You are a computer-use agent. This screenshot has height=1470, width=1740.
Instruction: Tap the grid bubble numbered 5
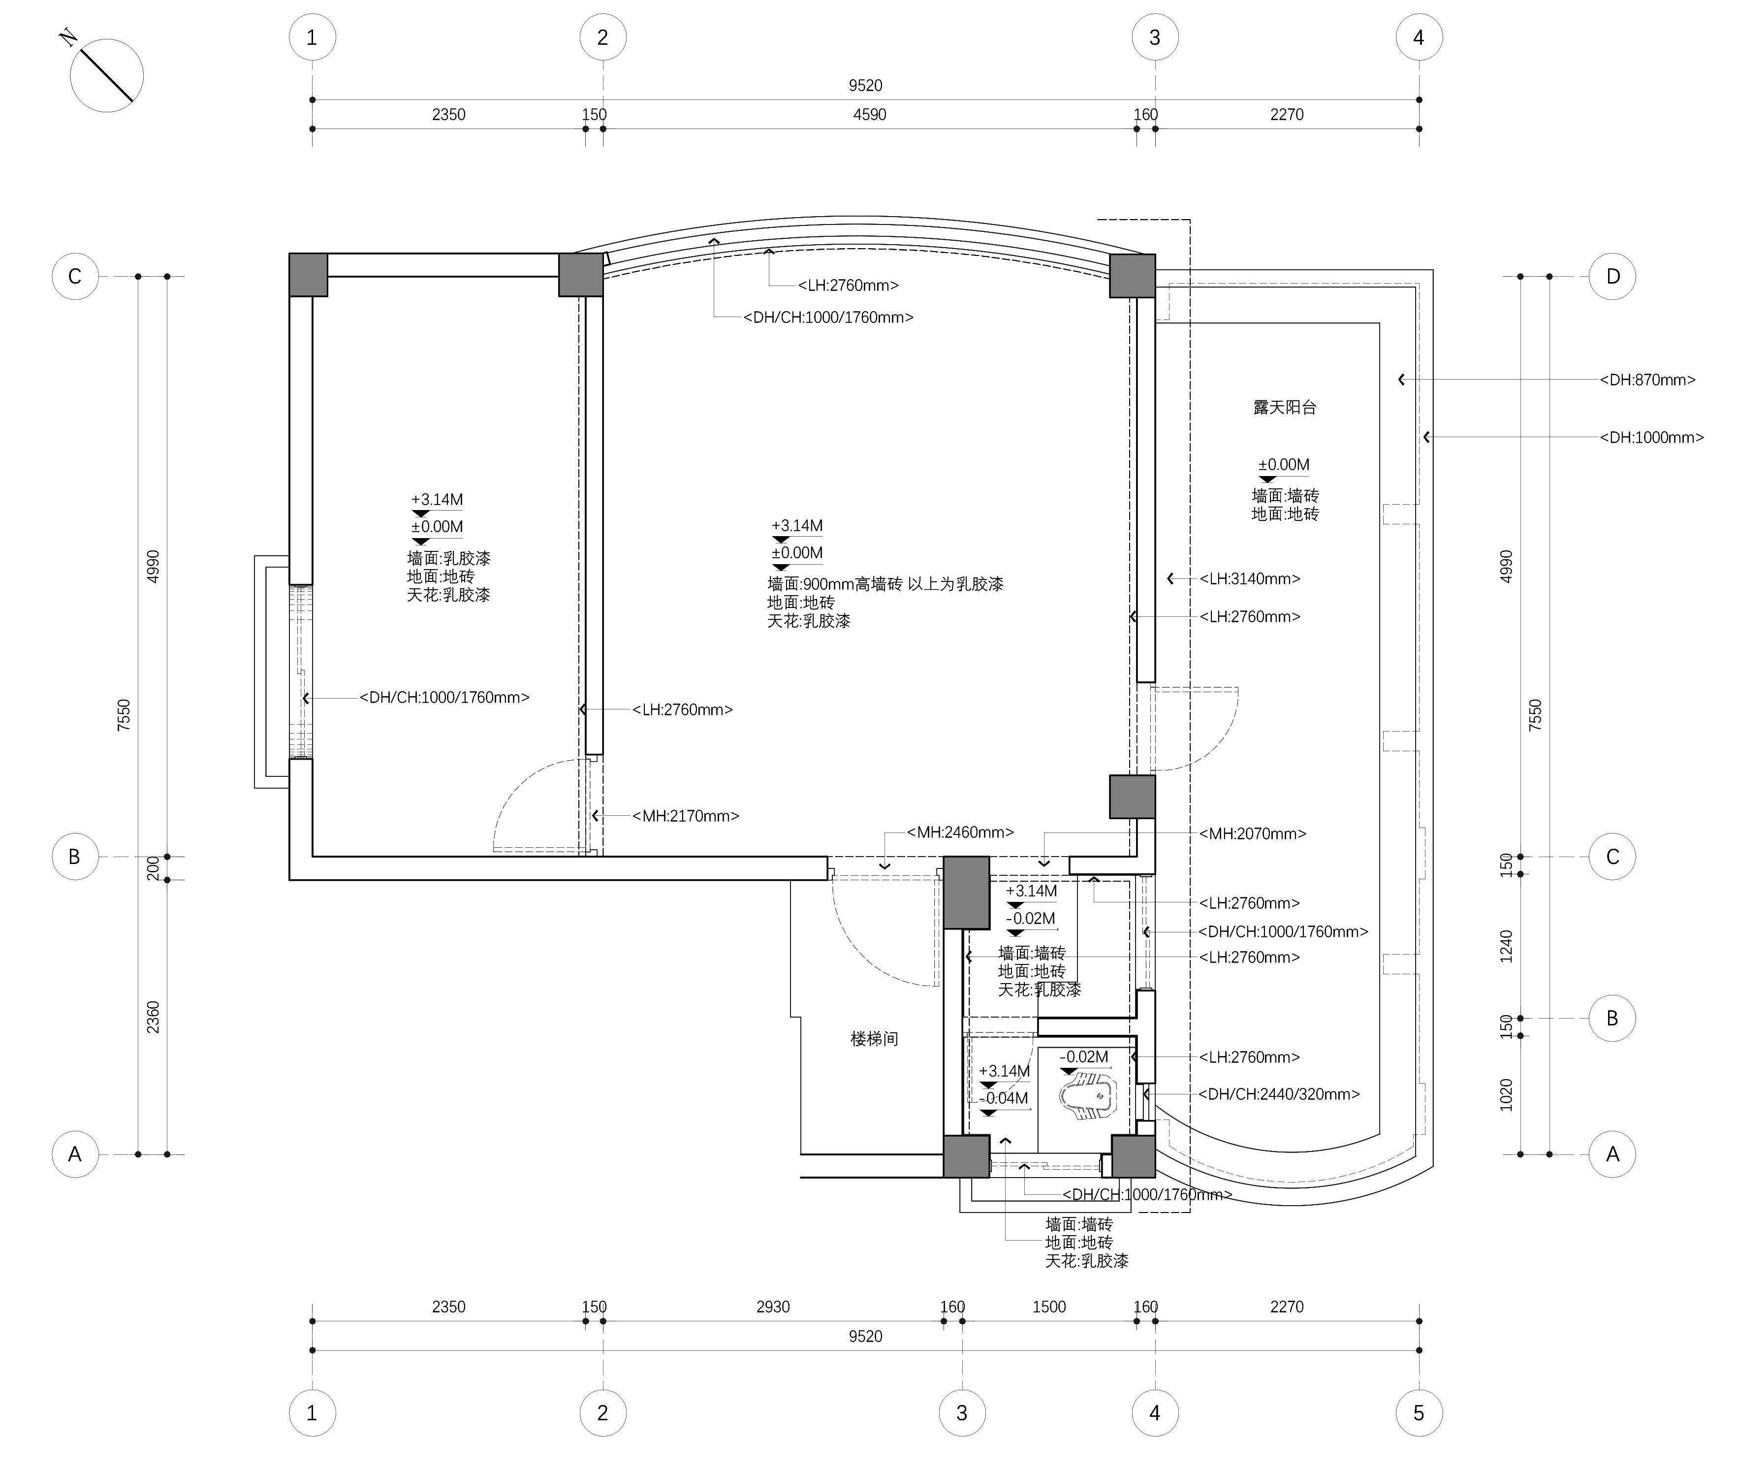point(1418,1412)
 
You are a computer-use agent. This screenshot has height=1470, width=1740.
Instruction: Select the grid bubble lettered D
point(1613,276)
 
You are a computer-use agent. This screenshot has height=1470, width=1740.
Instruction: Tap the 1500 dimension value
point(1049,1307)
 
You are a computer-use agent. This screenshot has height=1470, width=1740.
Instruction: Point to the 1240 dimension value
point(1506,946)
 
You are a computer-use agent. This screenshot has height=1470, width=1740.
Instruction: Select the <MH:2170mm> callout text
point(685,816)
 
